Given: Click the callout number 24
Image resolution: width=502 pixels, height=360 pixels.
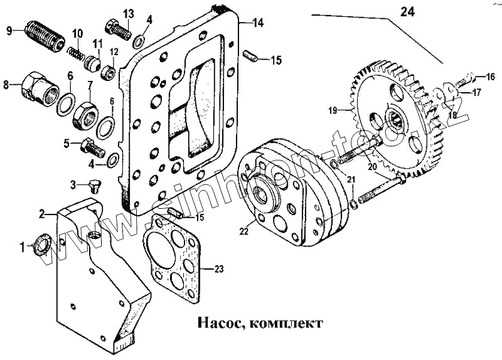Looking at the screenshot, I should (407, 11).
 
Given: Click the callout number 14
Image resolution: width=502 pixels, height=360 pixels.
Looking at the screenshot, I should (258, 23).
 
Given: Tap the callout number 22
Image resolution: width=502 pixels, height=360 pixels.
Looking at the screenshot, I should (244, 231).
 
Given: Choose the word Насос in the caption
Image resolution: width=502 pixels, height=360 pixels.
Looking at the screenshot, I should (217, 324).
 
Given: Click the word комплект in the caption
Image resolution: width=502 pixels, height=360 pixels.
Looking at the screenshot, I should (286, 324).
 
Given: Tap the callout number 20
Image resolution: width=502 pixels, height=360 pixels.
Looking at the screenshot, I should (371, 167).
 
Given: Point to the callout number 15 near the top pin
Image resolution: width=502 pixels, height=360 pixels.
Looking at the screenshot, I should (276, 60).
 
